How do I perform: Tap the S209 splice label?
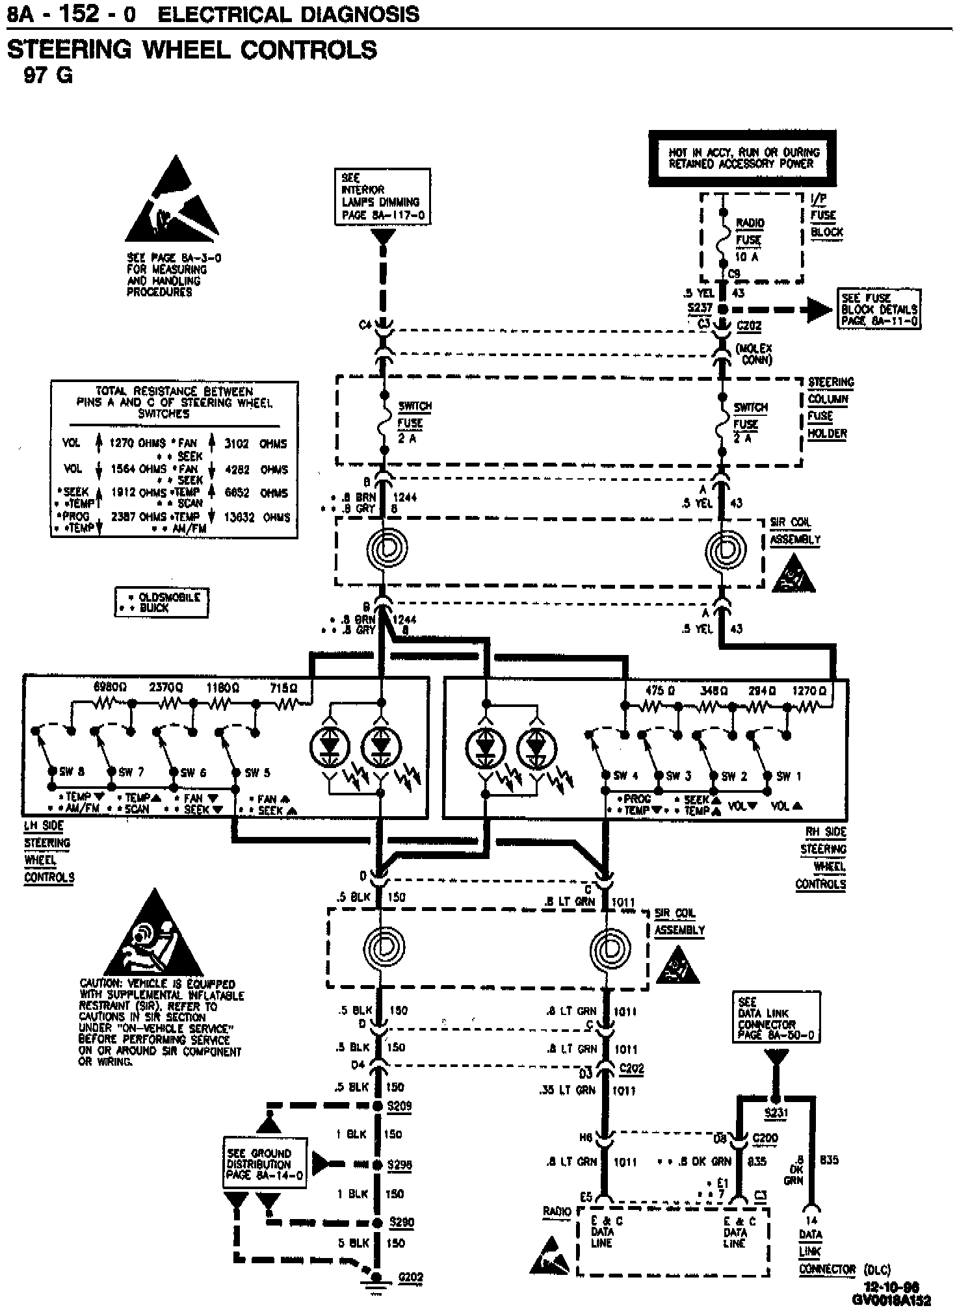tap(399, 1106)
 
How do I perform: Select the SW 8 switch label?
tap(72, 772)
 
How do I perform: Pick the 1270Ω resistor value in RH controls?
tap(809, 690)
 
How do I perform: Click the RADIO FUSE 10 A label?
tap(749, 239)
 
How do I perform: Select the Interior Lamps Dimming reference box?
tap(382, 196)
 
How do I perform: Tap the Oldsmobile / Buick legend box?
tap(161, 602)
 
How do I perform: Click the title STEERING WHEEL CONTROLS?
tap(192, 50)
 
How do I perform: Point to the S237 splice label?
tap(700, 308)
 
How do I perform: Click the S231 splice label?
tap(776, 1113)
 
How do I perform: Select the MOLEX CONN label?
tap(754, 353)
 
